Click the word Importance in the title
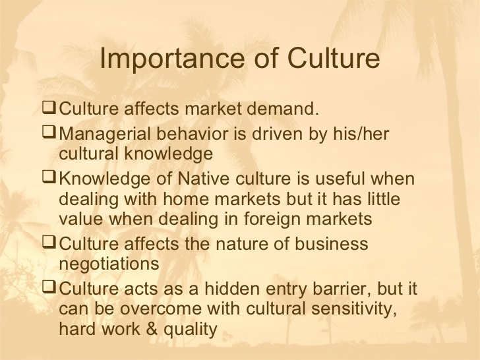172,59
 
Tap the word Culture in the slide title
334,58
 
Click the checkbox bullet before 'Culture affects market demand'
49,108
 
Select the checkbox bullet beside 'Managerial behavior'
49,133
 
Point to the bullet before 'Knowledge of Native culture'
49,177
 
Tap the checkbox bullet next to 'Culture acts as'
49,287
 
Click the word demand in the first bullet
283,108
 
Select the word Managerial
105,135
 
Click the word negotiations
109,264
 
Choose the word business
331,244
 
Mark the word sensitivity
354,309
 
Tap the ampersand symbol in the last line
152,329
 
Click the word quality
191,330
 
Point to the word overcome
161,309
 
